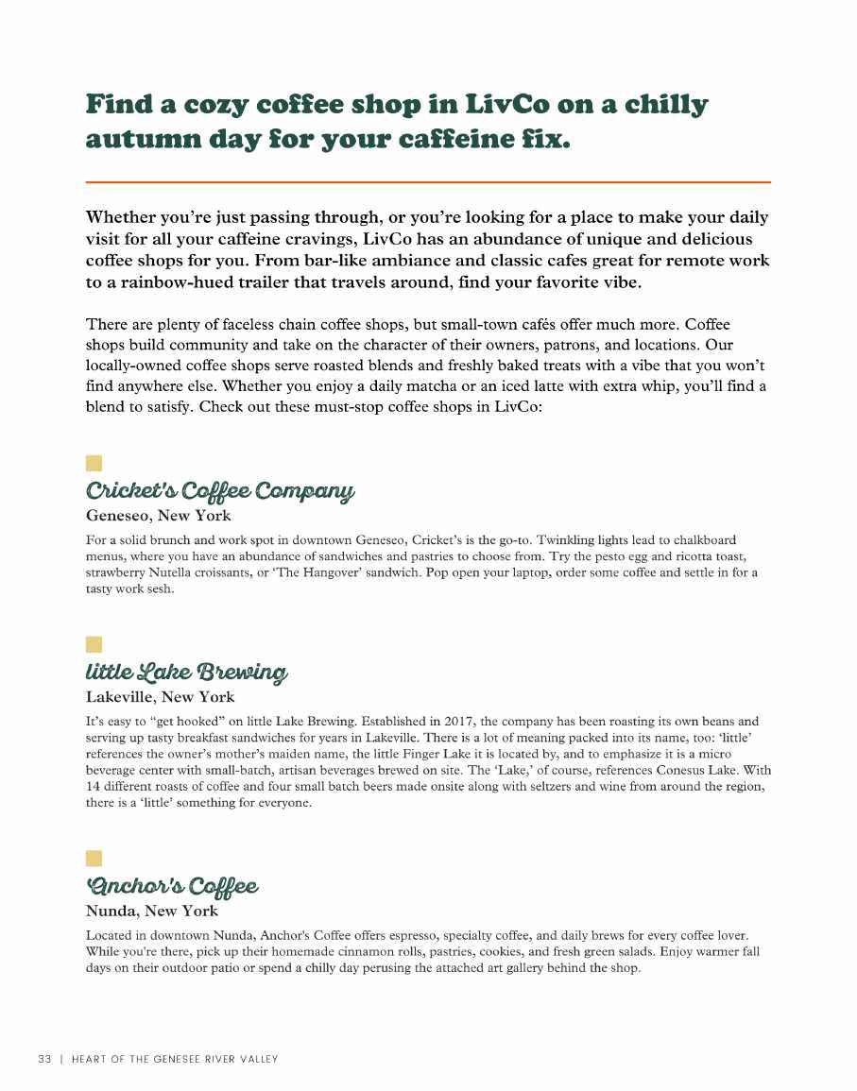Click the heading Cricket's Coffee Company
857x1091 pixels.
tap(220, 491)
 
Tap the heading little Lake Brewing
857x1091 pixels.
tap(186, 673)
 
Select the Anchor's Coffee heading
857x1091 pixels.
tap(171, 886)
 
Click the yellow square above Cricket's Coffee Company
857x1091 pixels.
tap(94, 463)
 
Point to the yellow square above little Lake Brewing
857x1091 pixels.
tap(94, 644)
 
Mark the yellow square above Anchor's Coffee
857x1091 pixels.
tap(94, 858)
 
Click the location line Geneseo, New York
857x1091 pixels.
tap(158, 516)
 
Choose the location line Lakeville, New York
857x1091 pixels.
tap(160, 697)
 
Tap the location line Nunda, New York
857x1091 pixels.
tap(151, 911)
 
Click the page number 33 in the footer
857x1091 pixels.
tap(44, 1059)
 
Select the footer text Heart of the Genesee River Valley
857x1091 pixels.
tap(175, 1059)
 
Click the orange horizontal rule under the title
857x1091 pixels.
tap(428, 181)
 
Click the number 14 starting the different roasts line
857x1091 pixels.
tap(93, 787)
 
